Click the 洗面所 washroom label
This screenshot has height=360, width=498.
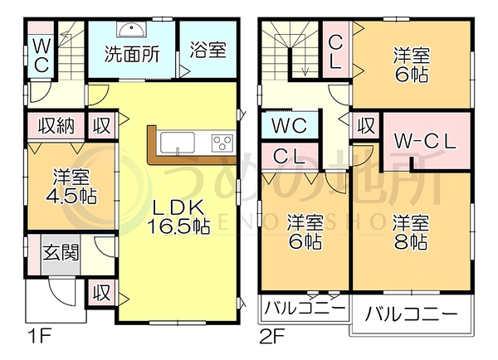point(132,54)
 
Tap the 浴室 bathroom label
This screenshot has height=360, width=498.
point(208,50)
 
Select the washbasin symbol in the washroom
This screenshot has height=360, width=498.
point(131,29)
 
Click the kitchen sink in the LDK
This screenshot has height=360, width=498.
point(178,143)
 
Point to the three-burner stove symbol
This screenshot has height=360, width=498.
point(222,143)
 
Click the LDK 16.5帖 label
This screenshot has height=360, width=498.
point(178,217)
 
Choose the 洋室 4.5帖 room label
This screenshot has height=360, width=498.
point(71,187)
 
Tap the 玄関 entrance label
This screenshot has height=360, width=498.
point(61,253)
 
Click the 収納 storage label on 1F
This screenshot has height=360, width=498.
point(56,126)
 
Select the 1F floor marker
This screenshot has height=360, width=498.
point(40,336)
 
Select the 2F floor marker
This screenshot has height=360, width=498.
point(272,336)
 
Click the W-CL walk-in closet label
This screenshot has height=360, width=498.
point(425,142)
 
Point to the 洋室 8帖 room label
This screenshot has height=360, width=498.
point(411,232)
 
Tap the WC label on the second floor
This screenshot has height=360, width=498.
point(289,126)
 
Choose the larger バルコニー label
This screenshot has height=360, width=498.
point(412,314)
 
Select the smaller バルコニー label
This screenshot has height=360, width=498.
point(305,308)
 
